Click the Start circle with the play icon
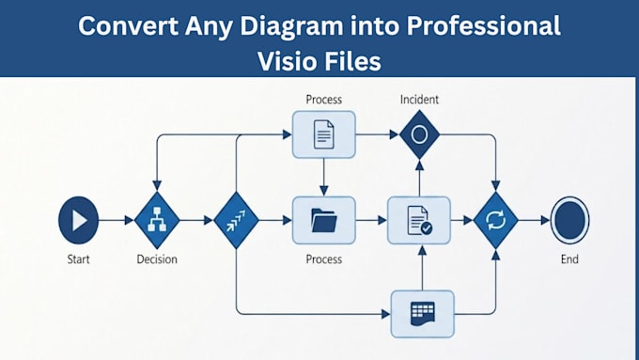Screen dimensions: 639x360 pyautogui.click(x=79, y=220)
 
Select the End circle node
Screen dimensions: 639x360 pyautogui.click(x=569, y=220)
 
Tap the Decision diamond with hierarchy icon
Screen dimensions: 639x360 pyautogui.click(x=157, y=220)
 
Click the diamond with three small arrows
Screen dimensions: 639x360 pyautogui.click(x=237, y=220)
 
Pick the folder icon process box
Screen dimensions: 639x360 pyautogui.click(x=324, y=220)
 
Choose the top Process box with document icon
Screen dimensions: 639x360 pyautogui.click(x=324, y=134)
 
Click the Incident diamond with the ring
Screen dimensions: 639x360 pyautogui.click(x=419, y=134)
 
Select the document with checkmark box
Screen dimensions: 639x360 pyautogui.click(x=419, y=220)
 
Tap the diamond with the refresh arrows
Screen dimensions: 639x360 pyautogui.click(x=496, y=220)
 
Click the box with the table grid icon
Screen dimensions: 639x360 pyautogui.click(x=423, y=314)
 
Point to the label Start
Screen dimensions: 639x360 pyautogui.click(x=78, y=259)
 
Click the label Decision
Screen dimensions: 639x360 pyautogui.click(x=157, y=259)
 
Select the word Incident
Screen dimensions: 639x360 pyautogui.click(x=419, y=100)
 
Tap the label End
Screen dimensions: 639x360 pyautogui.click(x=569, y=259)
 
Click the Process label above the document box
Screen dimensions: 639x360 pyautogui.click(x=324, y=100)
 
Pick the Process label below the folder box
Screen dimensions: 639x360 pyautogui.click(x=324, y=259)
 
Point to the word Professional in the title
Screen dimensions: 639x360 pyautogui.click(x=484, y=25)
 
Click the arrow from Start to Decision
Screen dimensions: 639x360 pyautogui.click(x=117, y=220)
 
